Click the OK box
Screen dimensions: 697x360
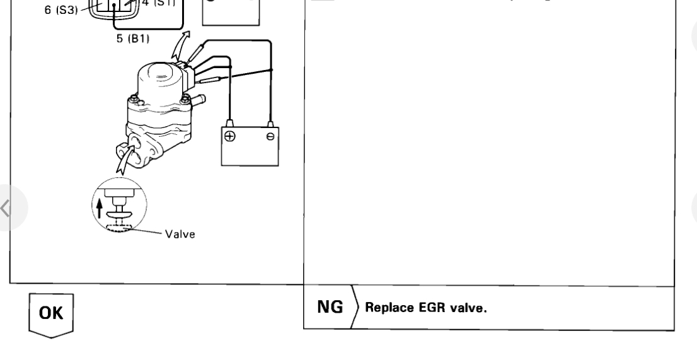pyautogui.click(x=51, y=313)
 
